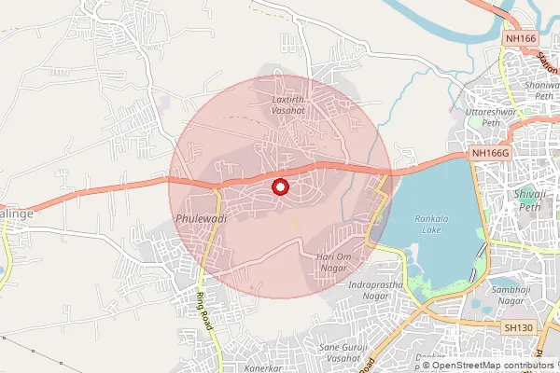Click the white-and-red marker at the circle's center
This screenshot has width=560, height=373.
278,187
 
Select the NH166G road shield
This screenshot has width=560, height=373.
490,152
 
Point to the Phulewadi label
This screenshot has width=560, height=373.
196,216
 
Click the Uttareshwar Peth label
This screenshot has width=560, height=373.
484,117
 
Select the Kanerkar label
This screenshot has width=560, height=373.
263,368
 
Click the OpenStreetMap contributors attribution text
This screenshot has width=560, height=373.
492,366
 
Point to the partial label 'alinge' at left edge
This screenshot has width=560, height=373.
16,214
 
